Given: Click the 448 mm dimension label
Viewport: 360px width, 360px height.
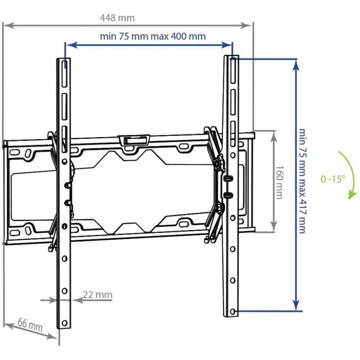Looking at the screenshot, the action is tap(117, 18).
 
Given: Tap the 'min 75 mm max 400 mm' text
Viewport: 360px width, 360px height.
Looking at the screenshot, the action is tap(153, 36).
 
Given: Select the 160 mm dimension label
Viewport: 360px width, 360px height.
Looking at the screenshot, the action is tap(279, 183).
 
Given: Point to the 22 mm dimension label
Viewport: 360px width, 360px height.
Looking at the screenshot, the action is tap(97, 294).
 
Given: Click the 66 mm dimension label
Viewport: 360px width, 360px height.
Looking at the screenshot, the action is tap(30, 325).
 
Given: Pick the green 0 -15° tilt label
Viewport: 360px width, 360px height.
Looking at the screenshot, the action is tap(333, 179).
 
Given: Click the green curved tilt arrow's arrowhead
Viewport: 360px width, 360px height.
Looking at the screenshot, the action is tap(352, 195).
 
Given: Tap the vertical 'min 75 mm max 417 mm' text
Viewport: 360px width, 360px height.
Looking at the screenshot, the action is tap(302, 181).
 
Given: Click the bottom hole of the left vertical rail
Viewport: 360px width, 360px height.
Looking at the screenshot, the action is tap(64, 323).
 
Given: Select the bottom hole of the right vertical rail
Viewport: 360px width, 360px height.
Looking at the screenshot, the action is tap(232, 311).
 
